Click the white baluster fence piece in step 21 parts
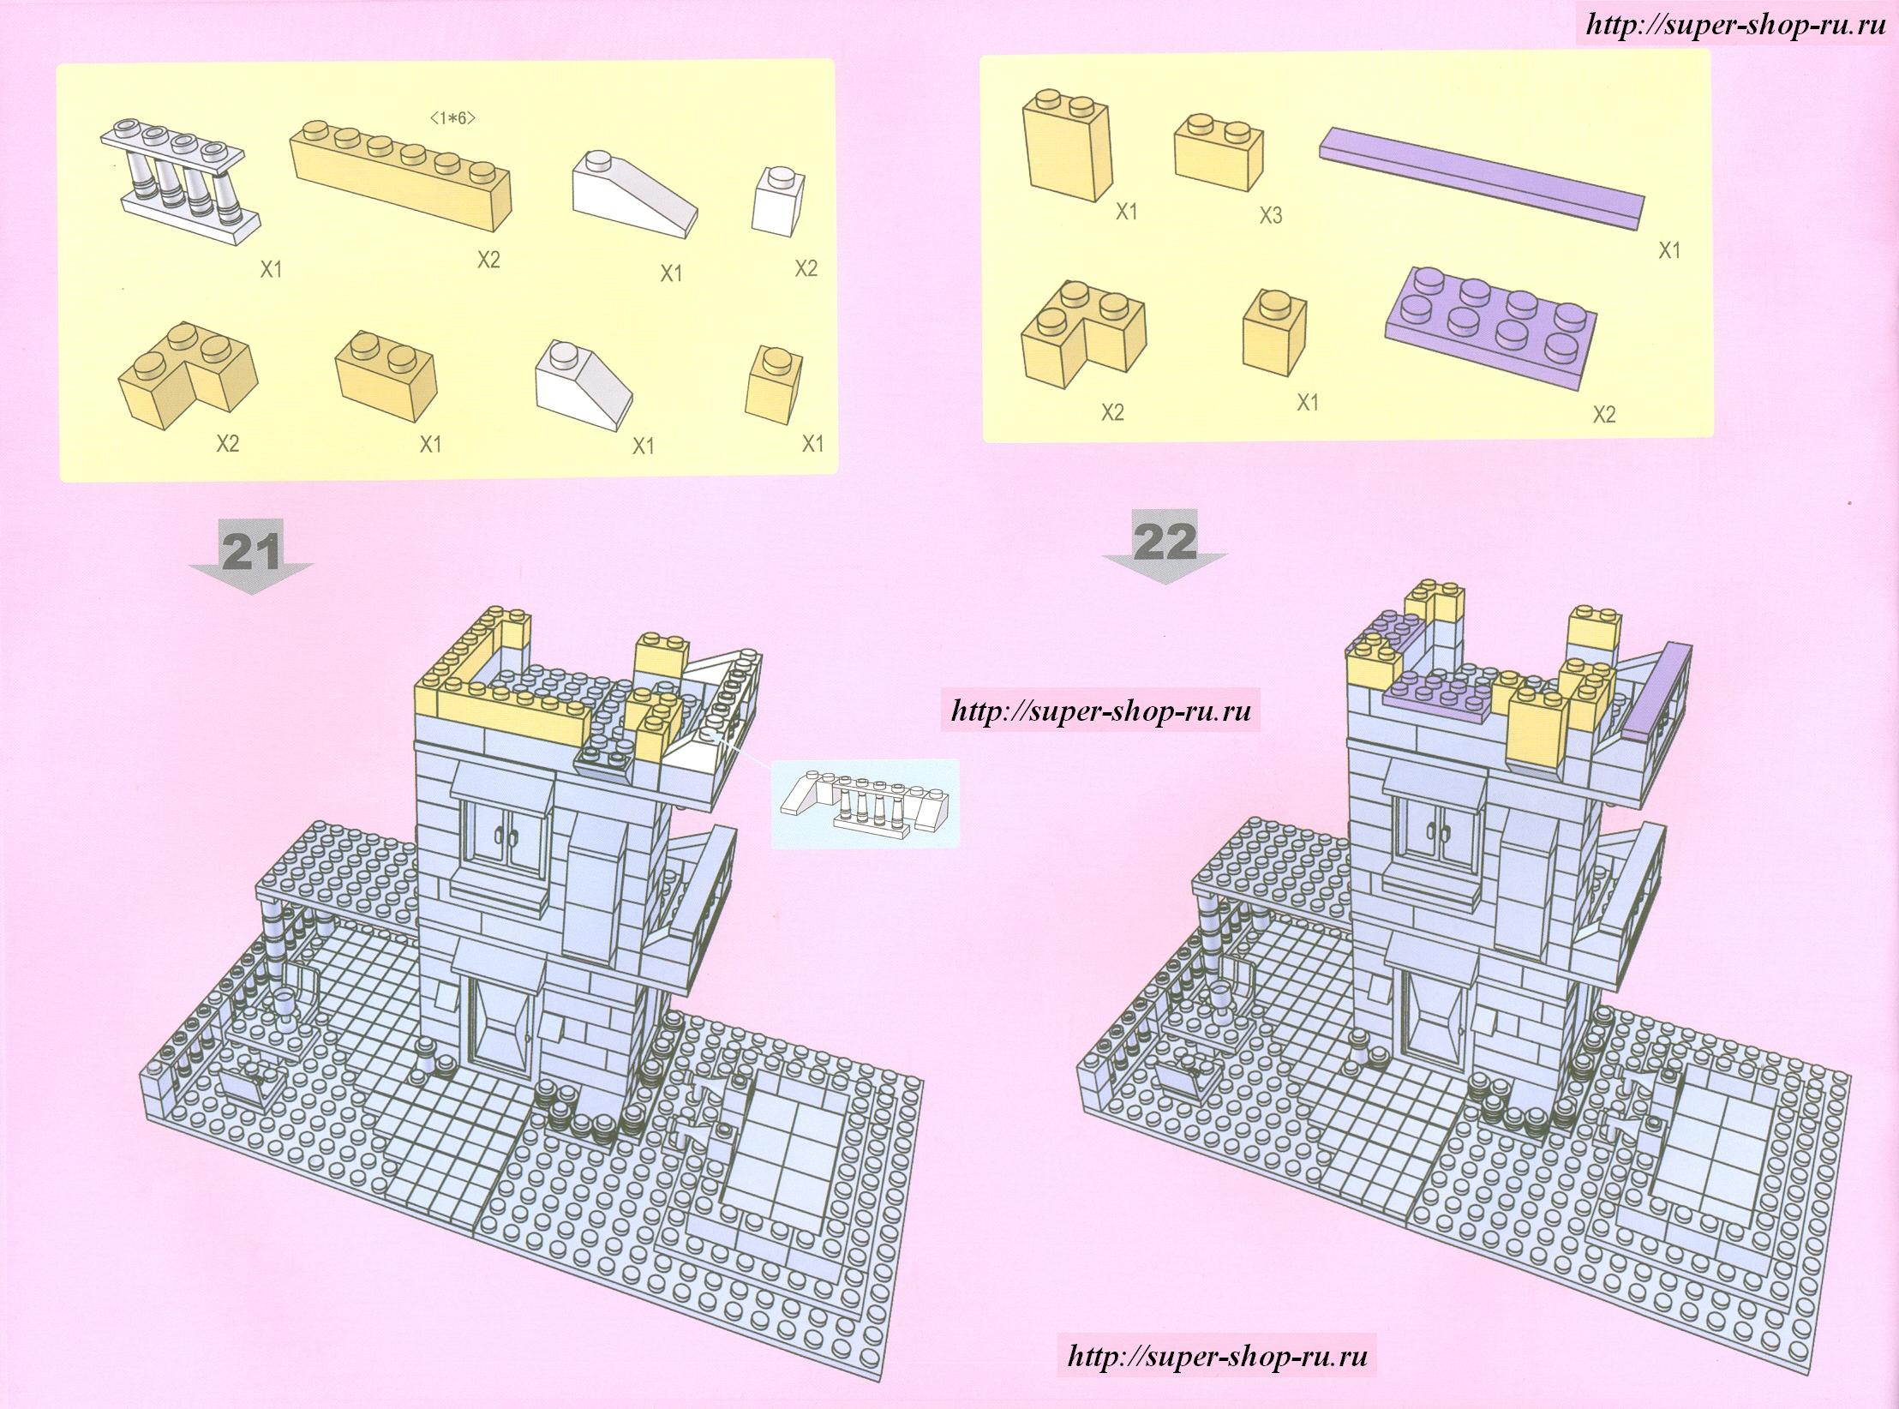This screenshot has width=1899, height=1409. pos(181,177)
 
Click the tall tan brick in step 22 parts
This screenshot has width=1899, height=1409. pos(1065,145)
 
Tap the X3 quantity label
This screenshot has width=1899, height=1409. pos(1270,216)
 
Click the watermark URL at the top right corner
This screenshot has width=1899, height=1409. pos(1734,24)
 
